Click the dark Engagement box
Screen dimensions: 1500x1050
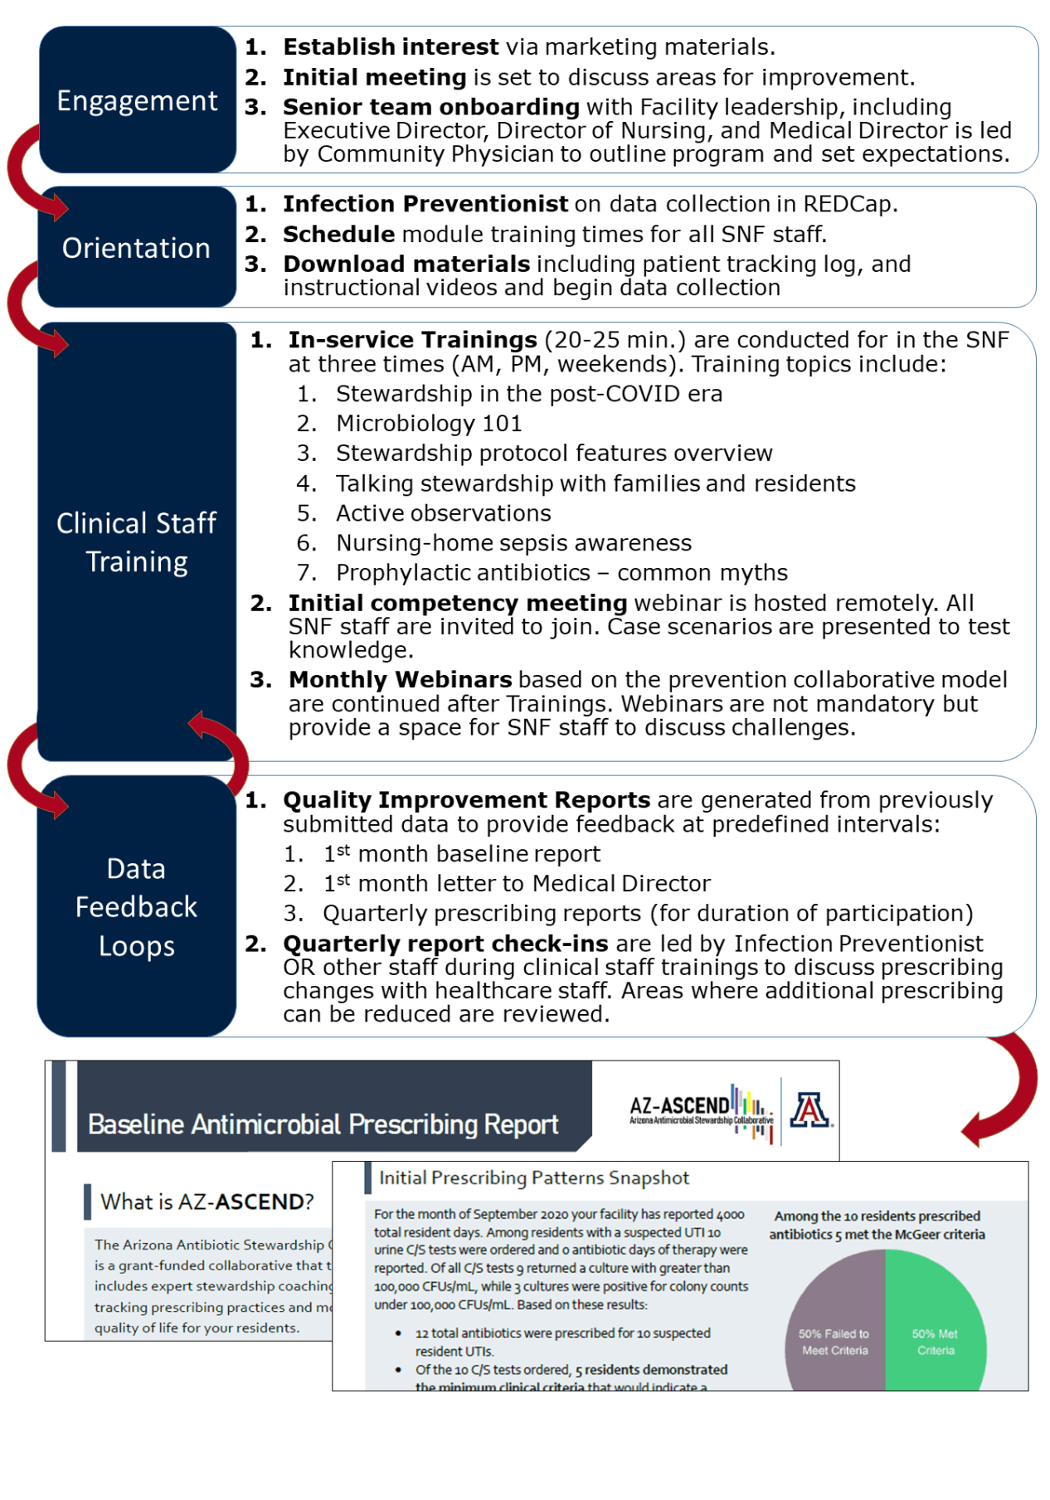137,100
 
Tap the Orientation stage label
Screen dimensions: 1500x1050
136,248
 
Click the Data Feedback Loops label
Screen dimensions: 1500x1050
137,907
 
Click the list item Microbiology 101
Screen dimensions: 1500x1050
429,424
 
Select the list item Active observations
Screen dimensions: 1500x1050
443,513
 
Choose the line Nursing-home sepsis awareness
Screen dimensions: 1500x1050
513,543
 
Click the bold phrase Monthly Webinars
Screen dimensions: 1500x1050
400,680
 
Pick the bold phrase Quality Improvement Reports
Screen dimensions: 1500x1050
466,800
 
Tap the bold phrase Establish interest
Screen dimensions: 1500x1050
391,47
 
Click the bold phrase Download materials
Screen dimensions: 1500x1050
406,264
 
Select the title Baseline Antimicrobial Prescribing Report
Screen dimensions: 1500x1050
323,1124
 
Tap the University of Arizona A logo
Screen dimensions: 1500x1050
809,1110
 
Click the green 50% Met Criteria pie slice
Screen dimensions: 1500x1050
936,1327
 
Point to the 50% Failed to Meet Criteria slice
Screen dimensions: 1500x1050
834,1335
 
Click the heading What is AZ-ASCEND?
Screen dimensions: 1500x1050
207,1201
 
